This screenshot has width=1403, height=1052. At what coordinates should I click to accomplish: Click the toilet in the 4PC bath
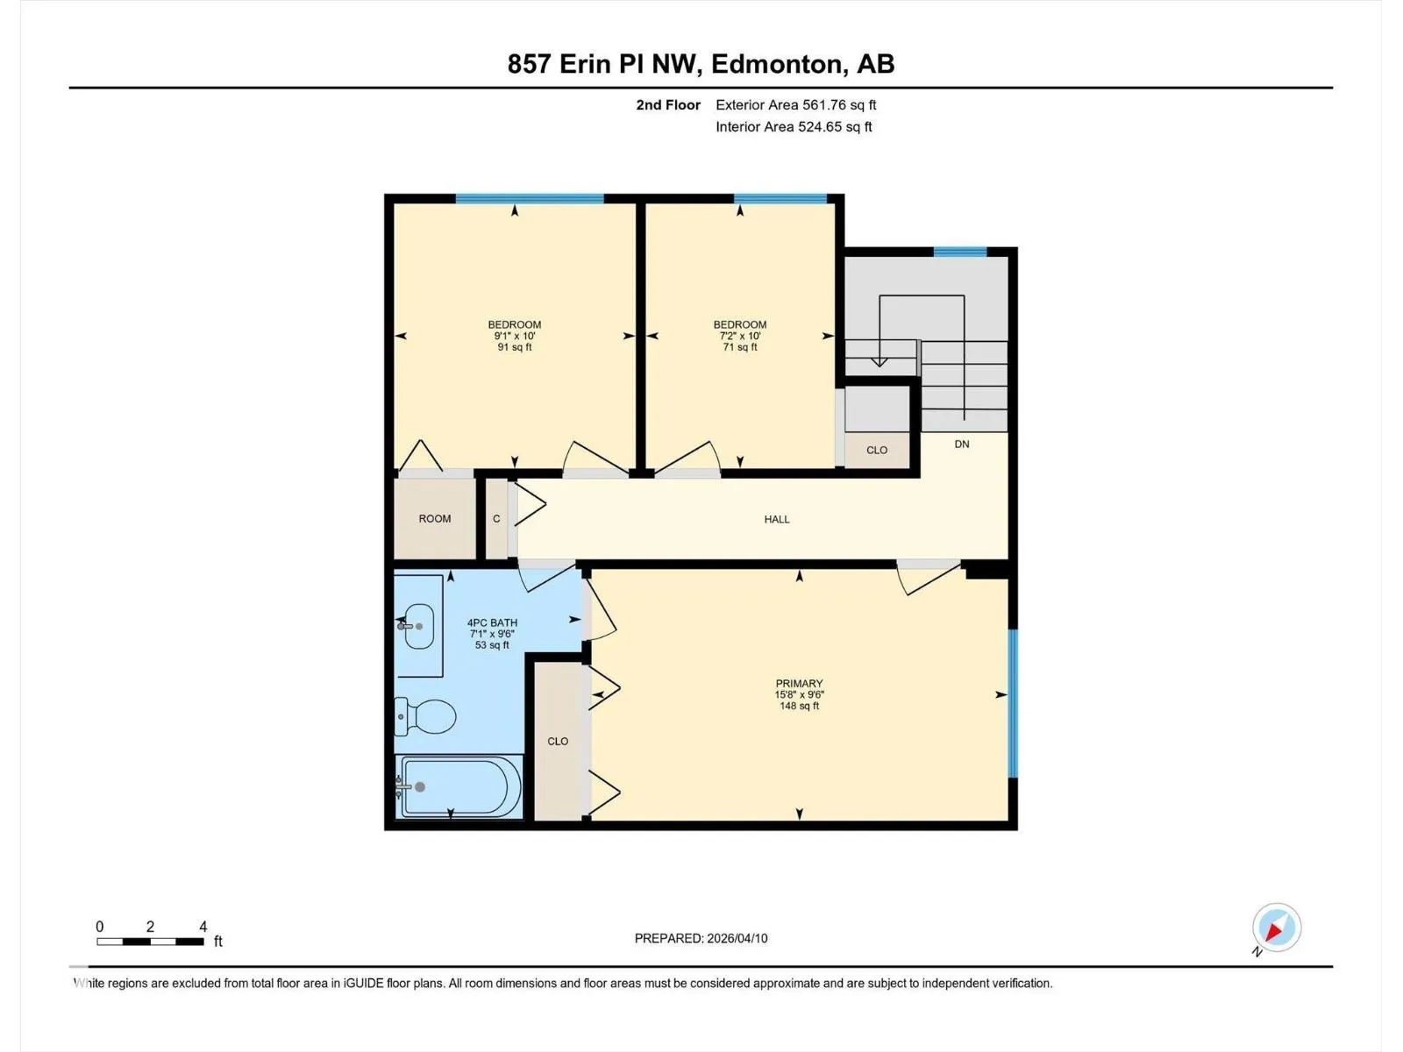[425, 716]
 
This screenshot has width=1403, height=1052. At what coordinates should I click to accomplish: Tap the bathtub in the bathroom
[459, 786]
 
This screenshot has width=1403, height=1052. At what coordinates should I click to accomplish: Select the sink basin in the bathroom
[418, 626]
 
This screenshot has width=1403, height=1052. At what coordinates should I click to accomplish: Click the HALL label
[777, 519]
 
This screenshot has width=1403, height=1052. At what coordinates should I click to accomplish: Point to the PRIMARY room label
[799, 683]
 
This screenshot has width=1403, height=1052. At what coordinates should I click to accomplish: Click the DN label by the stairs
[961, 444]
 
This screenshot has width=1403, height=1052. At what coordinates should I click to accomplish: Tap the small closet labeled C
[496, 519]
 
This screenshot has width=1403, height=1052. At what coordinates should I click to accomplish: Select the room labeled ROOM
[435, 519]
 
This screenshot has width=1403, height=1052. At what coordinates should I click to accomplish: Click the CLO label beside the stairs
[876, 451]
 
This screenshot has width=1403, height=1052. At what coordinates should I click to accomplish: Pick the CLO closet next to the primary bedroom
[558, 741]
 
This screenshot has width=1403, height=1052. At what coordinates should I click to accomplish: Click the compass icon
[1277, 927]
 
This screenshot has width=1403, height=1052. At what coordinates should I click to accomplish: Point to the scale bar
[150, 942]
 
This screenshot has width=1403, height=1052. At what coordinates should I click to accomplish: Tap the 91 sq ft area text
[515, 347]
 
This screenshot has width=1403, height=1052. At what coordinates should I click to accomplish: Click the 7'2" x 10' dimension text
[739, 336]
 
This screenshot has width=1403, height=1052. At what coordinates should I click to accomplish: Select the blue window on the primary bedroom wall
[1013, 703]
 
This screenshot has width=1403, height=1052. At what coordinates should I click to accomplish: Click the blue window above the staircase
[960, 252]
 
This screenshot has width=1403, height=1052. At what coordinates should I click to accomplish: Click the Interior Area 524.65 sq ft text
[794, 126]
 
